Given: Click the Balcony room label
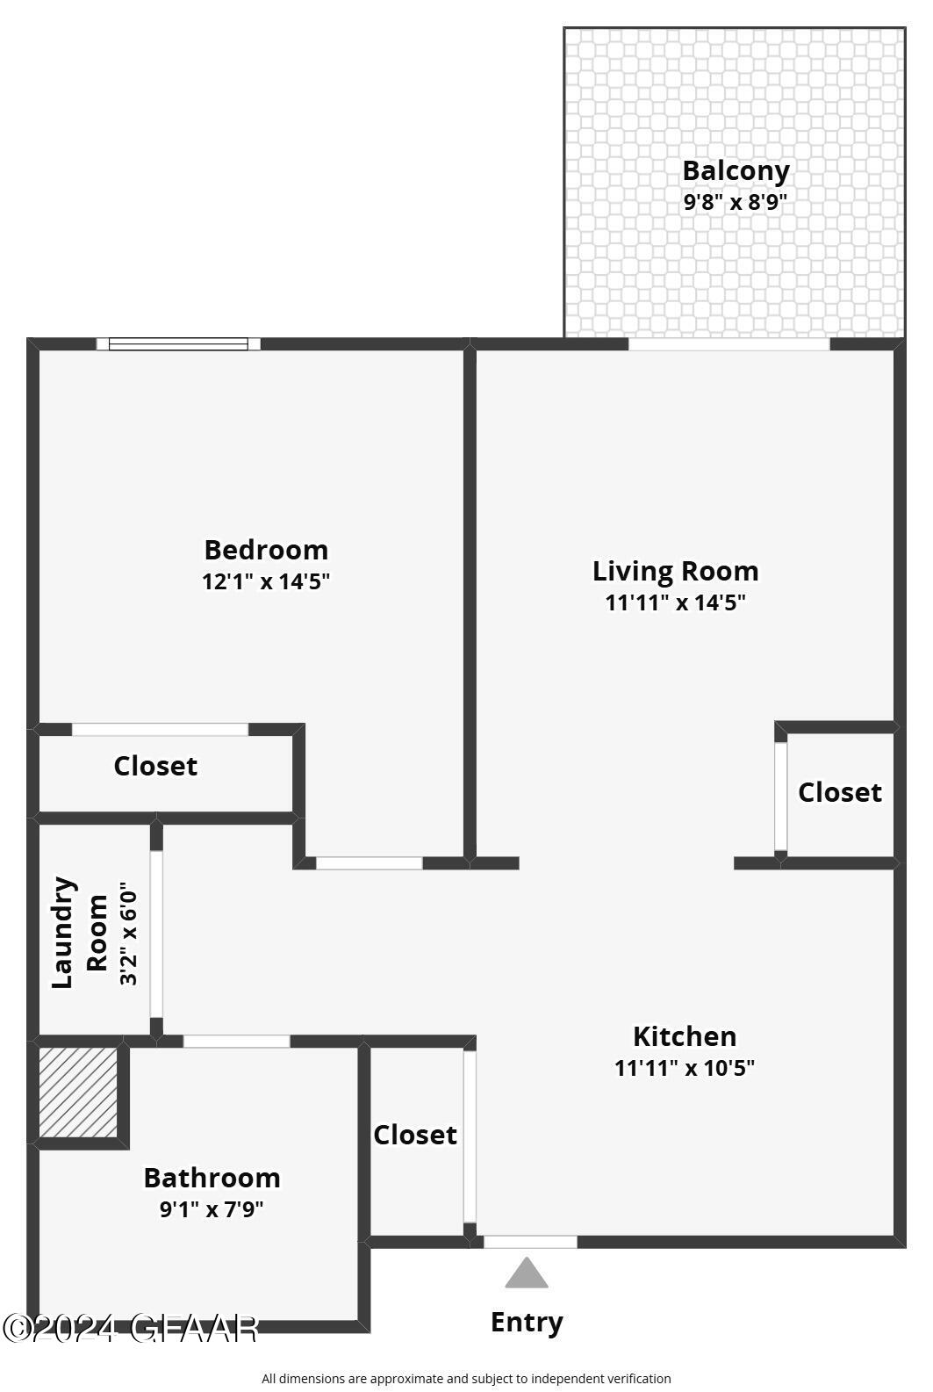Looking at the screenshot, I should click(x=736, y=170).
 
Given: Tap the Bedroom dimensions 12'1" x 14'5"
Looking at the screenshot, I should click(x=266, y=581).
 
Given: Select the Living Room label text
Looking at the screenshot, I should click(x=675, y=571).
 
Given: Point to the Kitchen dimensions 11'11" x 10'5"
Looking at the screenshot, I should click(x=685, y=1068).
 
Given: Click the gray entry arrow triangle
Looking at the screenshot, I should click(x=527, y=1273).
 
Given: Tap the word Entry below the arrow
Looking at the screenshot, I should click(x=527, y=1322).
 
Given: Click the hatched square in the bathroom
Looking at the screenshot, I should click(x=78, y=1093).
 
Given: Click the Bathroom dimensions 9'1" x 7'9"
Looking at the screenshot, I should click(x=212, y=1209).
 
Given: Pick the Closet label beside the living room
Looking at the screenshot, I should click(x=839, y=792).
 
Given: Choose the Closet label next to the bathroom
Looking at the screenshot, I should click(x=415, y=1135).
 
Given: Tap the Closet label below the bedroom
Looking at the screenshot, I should click(x=155, y=766).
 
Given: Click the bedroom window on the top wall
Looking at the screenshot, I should click(x=178, y=344).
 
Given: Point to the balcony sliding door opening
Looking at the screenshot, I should click(x=728, y=344).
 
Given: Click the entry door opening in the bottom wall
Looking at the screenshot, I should click(x=530, y=1242).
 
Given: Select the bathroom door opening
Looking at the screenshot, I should click(x=236, y=1042).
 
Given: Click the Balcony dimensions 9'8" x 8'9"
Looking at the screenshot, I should click(x=736, y=202).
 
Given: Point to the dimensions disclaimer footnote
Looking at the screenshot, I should click(x=466, y=1379).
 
